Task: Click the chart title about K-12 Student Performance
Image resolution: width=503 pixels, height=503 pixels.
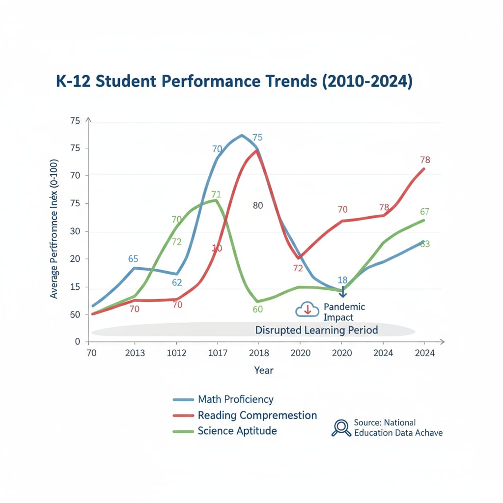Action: click(234, 82)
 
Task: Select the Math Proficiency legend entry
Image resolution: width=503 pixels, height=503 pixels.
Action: click(235, 399)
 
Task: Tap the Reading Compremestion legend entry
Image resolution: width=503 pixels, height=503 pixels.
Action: click(257, 415)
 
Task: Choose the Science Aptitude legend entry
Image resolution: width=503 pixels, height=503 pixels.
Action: click(237, 431)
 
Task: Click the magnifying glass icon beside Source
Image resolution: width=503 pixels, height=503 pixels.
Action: click(340, 428)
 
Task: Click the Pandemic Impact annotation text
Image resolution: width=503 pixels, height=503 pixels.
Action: click(344, 312)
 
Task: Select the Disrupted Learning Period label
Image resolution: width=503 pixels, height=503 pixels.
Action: click(316, 330)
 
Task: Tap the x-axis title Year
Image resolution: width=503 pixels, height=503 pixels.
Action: click(264, 370)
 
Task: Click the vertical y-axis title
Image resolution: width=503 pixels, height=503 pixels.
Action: click(54, 228)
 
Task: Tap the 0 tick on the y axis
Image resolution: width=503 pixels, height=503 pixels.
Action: click(77, 341)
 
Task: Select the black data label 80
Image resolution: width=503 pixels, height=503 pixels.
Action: click(258, 205)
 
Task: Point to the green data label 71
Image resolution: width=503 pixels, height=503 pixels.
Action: click(216, 194)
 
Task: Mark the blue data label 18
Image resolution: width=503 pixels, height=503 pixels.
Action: click(343, 280)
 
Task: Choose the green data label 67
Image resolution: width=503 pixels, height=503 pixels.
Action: click(425, 212)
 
